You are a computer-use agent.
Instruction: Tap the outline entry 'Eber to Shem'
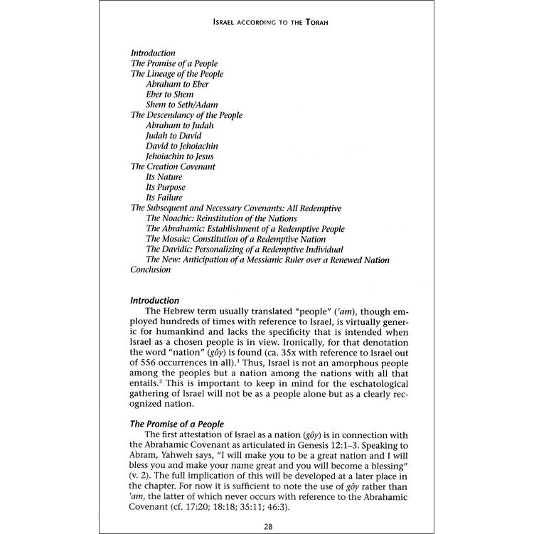click(x=169, y=95)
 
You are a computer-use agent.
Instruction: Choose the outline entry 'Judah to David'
click(x=173, y=135)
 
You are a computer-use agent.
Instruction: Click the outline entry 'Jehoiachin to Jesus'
click(x=180, y=156)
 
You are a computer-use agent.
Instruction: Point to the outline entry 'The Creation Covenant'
click(x=173, y=166)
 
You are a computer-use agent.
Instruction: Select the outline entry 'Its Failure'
click(x=164, y=197)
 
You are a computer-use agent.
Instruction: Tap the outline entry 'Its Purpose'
click(x=166, y=187)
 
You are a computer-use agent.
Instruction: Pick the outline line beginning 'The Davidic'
click(x=245, y=249)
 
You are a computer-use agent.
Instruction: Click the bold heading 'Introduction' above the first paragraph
click(x=155, y=301)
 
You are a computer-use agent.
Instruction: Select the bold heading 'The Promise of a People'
click(x=174, y=422)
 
